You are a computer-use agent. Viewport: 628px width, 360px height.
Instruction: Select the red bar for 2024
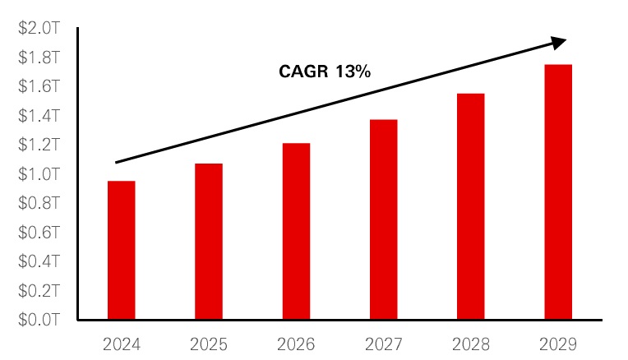tap(122, 250)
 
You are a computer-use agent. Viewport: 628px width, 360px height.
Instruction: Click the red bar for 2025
tap(209, 242)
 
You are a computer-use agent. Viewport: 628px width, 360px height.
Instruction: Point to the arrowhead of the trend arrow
tap(559, 41)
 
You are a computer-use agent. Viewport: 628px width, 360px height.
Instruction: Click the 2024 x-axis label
tap(122, 344)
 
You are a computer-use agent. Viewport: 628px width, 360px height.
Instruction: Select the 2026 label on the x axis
tap(296, 344)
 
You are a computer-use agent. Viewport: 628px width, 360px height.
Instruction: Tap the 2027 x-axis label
tap(383, 344)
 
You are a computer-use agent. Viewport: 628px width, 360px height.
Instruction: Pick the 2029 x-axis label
tap(558, 344)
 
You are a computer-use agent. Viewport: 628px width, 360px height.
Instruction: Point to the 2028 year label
tap(471, 344)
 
